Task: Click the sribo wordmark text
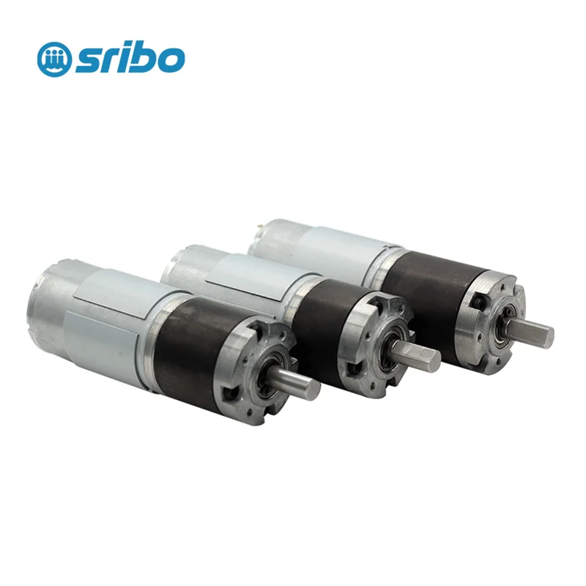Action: (x=130, y=59)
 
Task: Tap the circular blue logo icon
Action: (x=55, y=59)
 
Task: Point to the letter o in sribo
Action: (x=172, y=61)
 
